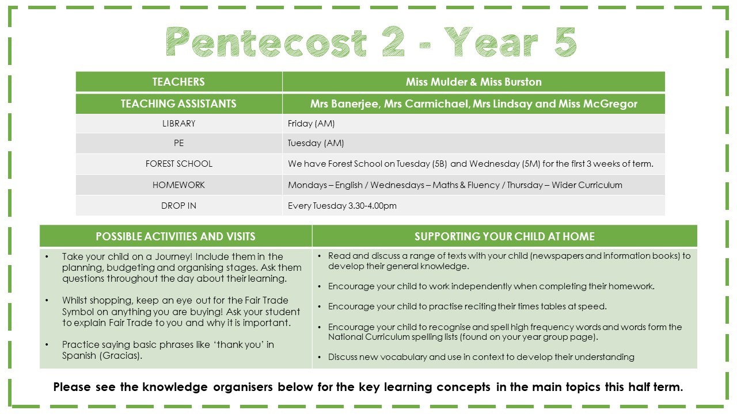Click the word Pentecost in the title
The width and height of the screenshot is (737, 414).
[x=266, y=42]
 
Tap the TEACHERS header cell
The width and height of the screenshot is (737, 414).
[x=178, y=82]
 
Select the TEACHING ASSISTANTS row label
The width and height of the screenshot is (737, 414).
[x=178, y=104]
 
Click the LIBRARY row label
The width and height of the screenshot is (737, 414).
[x=178, y=124]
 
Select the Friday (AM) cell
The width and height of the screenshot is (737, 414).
[x=311, y=124]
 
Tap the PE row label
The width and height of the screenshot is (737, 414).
[x=178, y=143]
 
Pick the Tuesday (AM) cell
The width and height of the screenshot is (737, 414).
[x=316, y=143]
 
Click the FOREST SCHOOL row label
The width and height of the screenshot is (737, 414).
[x=178, y=164]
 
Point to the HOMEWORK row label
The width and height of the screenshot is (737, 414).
[x=178, y=185]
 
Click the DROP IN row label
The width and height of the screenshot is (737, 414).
[x=178, y=206]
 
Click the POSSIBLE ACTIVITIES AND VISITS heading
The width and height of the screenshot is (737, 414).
[x=176, y=236]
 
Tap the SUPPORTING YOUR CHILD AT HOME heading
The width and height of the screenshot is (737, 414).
[x=504, y=236]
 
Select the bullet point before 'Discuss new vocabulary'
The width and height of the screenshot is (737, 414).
[x=319, y=357]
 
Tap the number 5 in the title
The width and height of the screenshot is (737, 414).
[x=565, y=42]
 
